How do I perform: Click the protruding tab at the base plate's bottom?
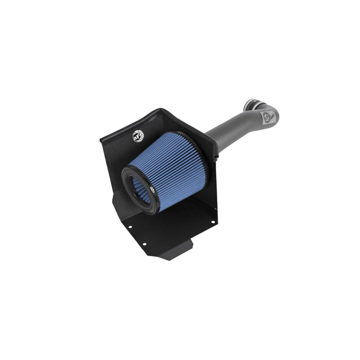click(184, 254)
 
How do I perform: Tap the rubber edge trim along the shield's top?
click(160, 112)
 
